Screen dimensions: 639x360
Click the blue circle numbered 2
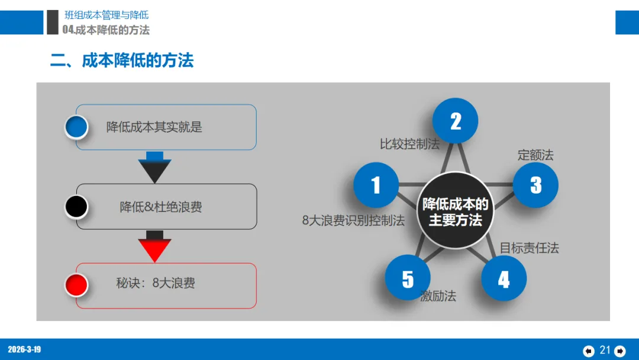[x=455, y=121]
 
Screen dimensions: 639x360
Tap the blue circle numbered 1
[x=376, y=185]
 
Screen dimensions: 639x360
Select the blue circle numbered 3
[x=535, y=185]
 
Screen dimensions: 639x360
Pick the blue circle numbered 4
[x=504, y=278]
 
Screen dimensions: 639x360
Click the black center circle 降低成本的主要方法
[x=456, y=211]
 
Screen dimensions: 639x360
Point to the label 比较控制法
[x=409, y=144]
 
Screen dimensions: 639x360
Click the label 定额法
[x=535, y=155]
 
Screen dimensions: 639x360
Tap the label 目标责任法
[x=529, y=247]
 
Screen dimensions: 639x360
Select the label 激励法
[x=438, y=296]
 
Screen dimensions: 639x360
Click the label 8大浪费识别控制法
[x=353, y=221]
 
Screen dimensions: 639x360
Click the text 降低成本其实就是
[x=154, y=127]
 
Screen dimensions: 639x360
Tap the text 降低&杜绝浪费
[x=161, y=207]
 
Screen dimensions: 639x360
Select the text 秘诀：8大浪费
[x=156, y=283]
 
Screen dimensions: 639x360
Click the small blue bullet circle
[x=76, y=127]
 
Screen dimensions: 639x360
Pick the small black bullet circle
[x=76, y=207]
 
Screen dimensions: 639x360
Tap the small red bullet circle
[x=76, y=285]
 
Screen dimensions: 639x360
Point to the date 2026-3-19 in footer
[x=24, y=349]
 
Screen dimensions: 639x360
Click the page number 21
[x=605, y=350]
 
